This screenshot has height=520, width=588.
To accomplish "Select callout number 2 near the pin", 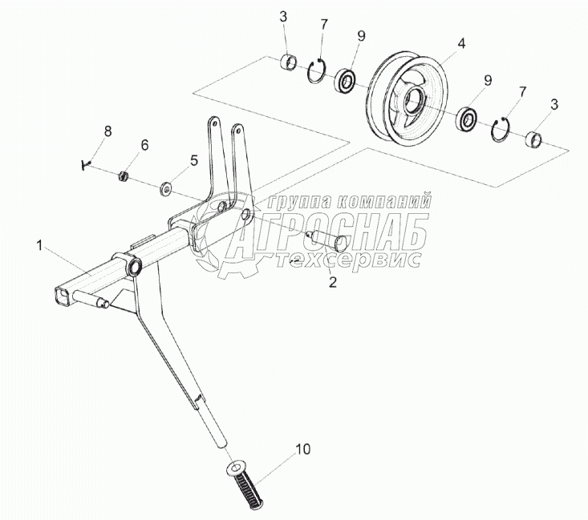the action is point(332,282).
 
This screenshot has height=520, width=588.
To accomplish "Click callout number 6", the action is point(144,145).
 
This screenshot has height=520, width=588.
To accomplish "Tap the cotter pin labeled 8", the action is point(86,164).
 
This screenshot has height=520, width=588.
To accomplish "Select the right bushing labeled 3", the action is point(534,141).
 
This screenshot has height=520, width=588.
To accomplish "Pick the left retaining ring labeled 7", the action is point(318,71).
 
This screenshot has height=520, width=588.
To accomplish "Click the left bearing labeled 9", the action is point(347,80).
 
